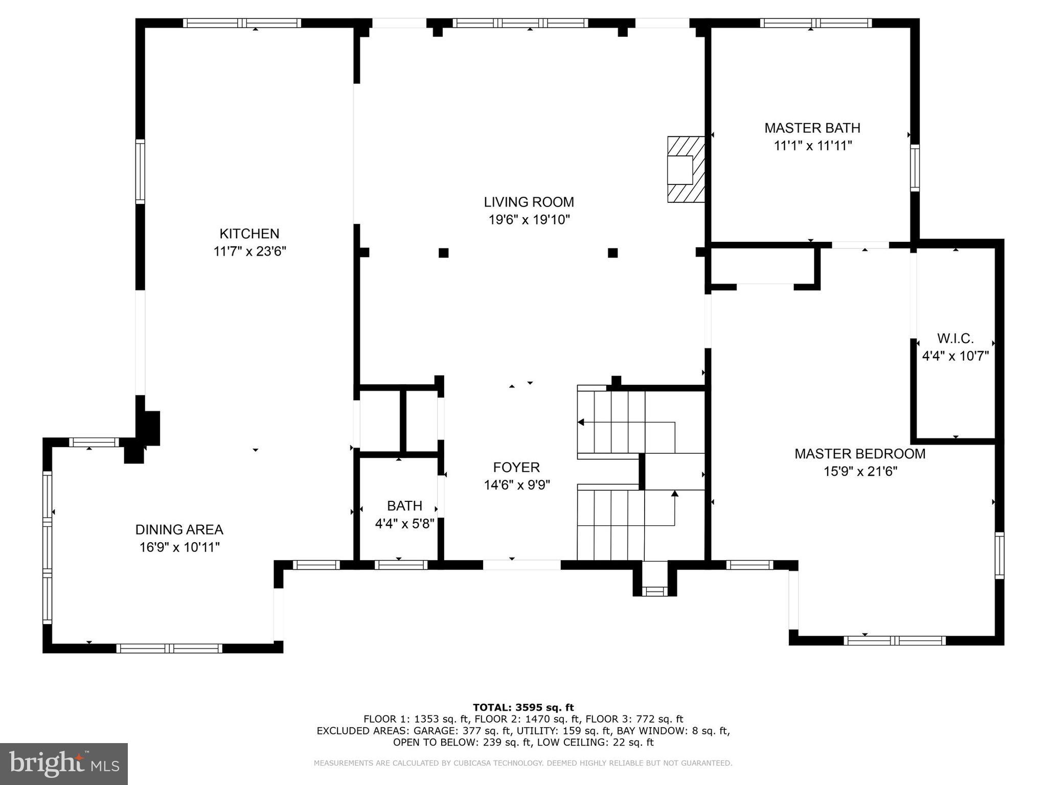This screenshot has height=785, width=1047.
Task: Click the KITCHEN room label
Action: (x=249, y=234)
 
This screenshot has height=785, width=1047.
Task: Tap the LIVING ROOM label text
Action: (x=529, y=202)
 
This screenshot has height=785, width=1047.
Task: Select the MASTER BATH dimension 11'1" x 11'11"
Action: (x=812, y=146)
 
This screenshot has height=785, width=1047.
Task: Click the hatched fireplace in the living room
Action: (x=686, y=169)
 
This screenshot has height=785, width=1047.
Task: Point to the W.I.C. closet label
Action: (x=955, y=338)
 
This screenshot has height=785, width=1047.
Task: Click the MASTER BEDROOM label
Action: (x=860, y=453)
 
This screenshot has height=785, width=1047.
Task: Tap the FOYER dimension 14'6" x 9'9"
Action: (x=516, y=484)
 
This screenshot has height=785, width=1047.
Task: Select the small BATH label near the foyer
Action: (x=404, y=506)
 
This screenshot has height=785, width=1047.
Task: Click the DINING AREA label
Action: (x=179, y=529)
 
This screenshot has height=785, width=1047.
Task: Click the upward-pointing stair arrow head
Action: (x=674, y=493)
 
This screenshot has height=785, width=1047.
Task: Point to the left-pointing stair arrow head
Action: (x=581, y=422)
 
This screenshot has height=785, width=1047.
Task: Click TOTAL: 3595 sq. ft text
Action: (x=523, y=707)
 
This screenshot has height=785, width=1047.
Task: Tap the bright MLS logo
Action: (x=64, y=764)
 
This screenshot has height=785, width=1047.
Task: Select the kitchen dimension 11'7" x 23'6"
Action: (x=249, y=251)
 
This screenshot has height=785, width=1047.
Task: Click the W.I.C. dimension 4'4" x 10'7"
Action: (x=955, y=356)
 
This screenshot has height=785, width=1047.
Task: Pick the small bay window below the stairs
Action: (x=654, y=591)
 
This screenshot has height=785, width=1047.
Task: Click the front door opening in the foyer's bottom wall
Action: (x=521, y=565)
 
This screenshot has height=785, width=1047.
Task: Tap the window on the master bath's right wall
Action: (x=915, y=168)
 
